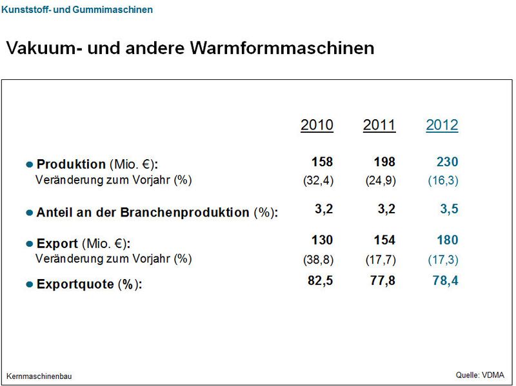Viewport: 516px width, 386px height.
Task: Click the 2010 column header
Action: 317,125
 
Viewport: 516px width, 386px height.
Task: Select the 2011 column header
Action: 379,125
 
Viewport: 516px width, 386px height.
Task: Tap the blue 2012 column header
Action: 442,125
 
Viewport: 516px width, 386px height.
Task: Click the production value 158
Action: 322,162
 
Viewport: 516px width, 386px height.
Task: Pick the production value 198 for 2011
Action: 384,162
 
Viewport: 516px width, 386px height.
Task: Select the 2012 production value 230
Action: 446,162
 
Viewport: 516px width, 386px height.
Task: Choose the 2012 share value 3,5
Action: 449,209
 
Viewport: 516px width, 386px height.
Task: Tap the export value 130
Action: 322,240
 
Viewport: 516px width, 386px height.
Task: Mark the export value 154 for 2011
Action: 384,240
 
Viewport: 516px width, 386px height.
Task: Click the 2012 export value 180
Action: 446,240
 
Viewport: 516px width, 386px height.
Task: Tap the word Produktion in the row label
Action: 70,164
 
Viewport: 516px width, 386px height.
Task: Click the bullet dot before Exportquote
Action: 29,284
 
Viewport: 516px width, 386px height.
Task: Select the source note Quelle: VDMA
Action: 481,374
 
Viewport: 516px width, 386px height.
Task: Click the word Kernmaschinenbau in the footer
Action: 39,376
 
